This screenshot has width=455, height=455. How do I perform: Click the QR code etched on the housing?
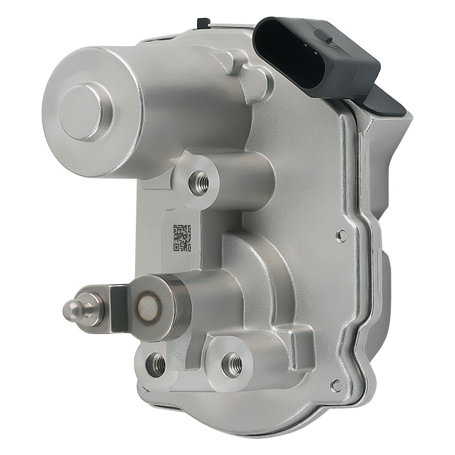182,238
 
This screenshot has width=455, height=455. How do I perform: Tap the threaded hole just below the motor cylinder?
199,183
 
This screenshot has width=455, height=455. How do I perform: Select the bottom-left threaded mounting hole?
156,364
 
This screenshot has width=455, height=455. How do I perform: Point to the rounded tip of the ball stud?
68,311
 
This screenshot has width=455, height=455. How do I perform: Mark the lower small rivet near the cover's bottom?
336,386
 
